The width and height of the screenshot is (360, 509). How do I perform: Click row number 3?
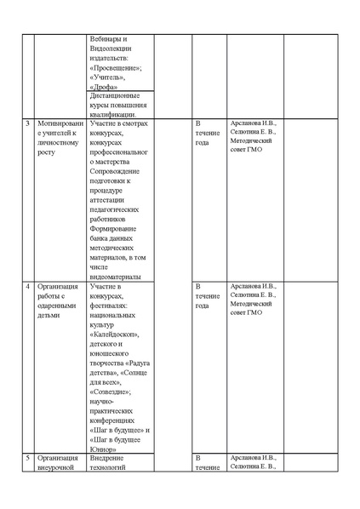(27, 123)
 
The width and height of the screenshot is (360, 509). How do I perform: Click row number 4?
(27, 287)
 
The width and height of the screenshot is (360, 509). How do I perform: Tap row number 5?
(27, 459)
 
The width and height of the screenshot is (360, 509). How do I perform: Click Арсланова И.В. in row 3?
(253, 123)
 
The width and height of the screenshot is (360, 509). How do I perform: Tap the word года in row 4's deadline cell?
(203, 306)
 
